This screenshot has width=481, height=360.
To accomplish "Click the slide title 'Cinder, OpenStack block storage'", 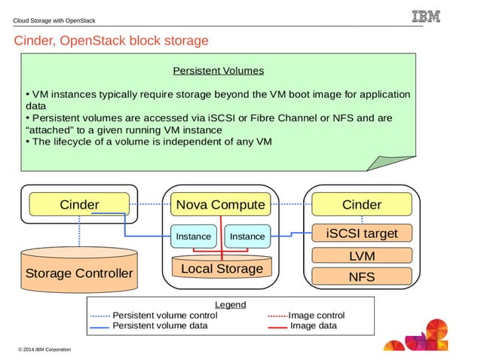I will pyautogui.click(x=111, y=41).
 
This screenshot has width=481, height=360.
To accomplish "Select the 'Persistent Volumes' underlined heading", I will pyautogui.click(x=218, y=71).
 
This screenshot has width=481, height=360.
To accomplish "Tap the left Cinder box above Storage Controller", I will pyautogui.click(x=79, y=204).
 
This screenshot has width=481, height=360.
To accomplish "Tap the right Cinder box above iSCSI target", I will pyautogui.click(x=362, y=204).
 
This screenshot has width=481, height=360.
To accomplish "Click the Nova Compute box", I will pyautogui.click(x=220, y=204).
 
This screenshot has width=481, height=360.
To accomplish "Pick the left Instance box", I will pyautogui.click(x=193, y=236).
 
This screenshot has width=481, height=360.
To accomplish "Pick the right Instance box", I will pyautogui.click(x=247, y=236).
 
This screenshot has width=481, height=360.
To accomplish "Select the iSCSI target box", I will pyautogui.click(x=362, y=233).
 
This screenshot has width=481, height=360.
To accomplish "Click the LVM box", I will pyautogui.click(x=362, y=256).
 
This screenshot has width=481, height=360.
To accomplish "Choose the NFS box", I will pyautogui.click(x=362, y=276).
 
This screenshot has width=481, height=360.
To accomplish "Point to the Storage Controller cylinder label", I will pyautogui.click(x=79, y=273).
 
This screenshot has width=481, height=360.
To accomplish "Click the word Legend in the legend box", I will pyautogui.click(x=230, y=304).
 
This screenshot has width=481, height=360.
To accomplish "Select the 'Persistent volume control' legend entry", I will pyautogui.click(x=164, y=315).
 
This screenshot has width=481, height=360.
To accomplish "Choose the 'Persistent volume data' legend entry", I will pyautogui.click(x=159, y=326).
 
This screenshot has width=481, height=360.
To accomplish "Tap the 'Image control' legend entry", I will pyautogui.click(x=316, y=315).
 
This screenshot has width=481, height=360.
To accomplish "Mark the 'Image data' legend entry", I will pyautogui.click(x=313, y=326).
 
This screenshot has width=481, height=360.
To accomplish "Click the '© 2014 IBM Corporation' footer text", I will pyautogui.click(x=44, y=349).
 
